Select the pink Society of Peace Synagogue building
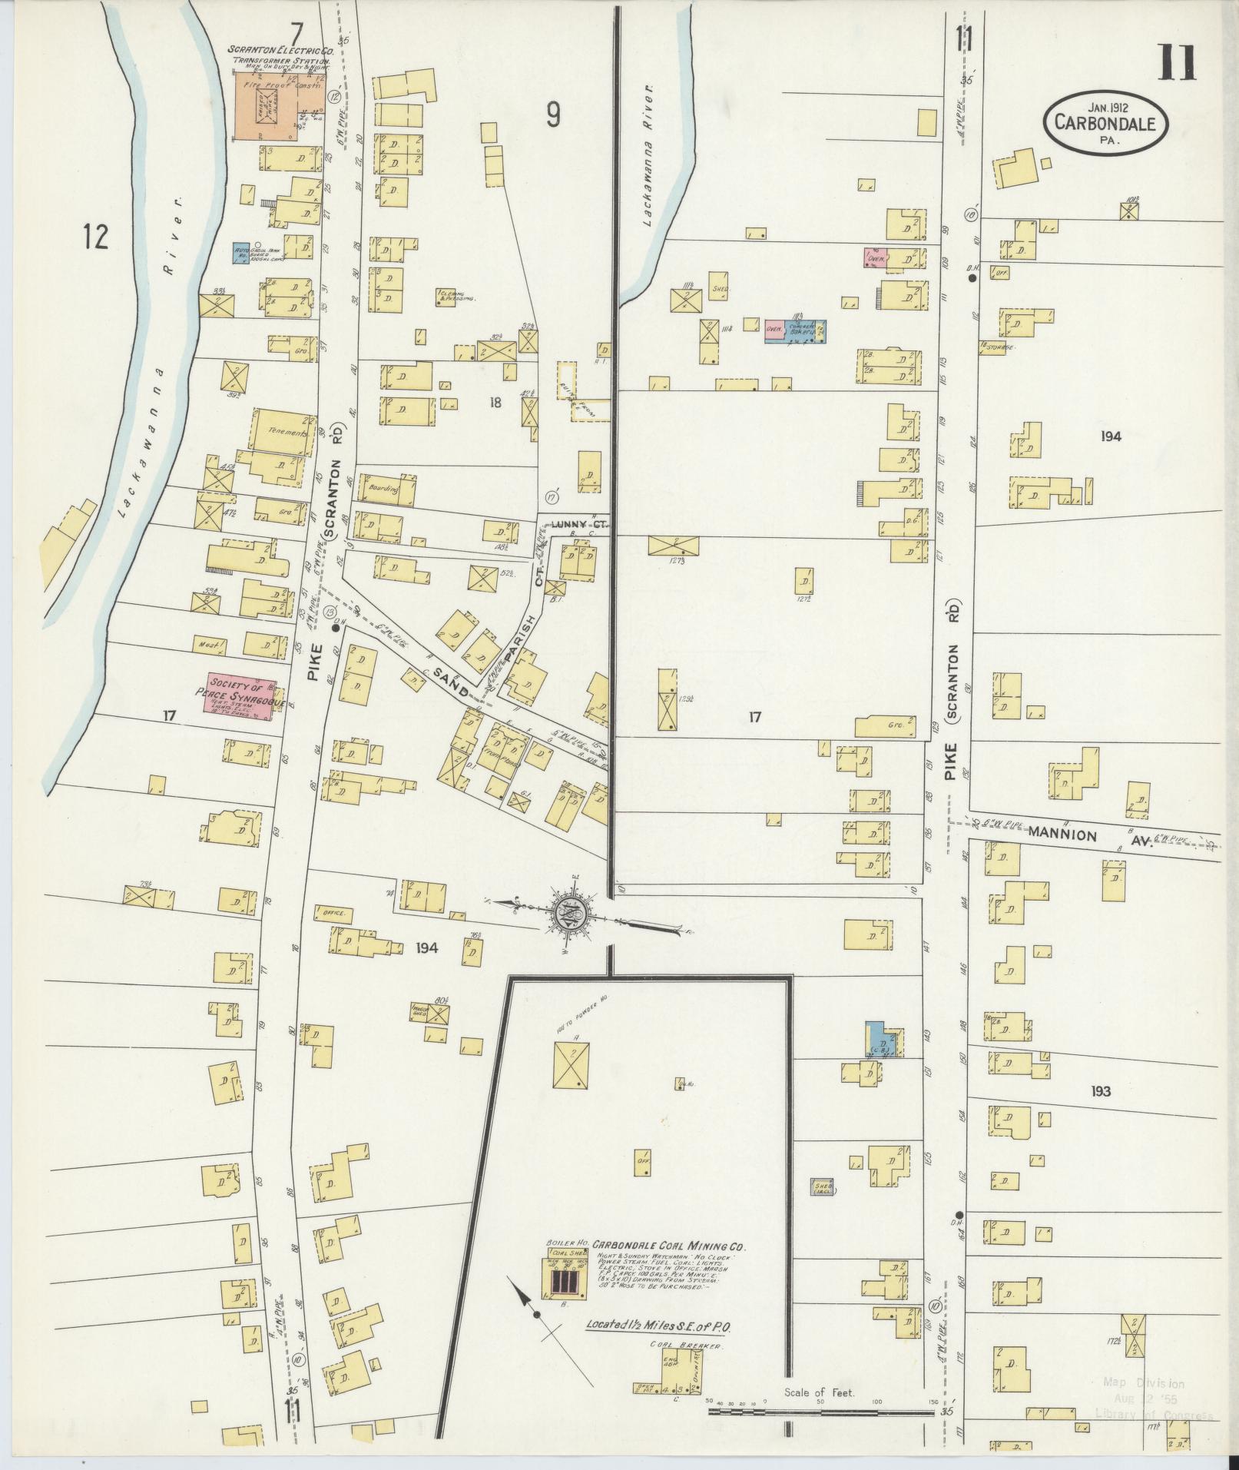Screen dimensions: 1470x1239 click(x=240, y=695)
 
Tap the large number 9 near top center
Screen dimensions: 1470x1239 click(x=553, y=115)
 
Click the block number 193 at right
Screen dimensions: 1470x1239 click(x=1100, y=1091)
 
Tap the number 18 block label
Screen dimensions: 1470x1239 click(x=494, y=402)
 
